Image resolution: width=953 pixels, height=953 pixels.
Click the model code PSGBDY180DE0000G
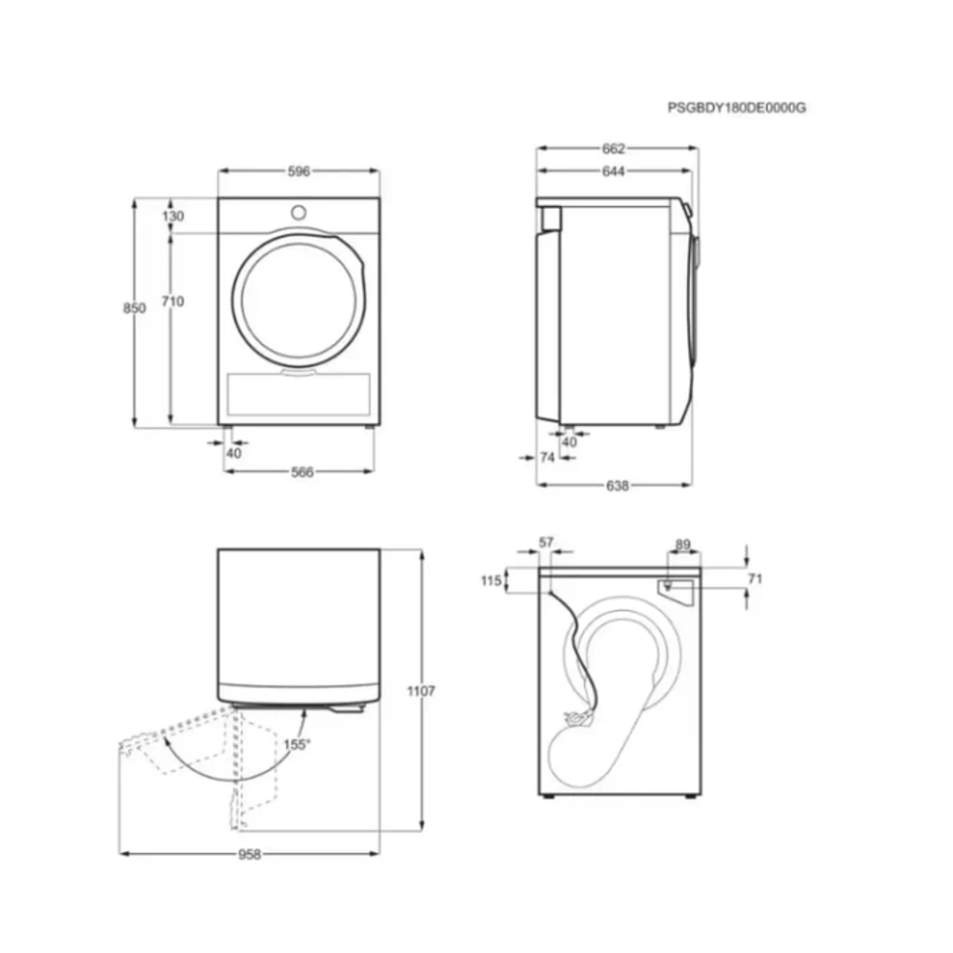[737, 108]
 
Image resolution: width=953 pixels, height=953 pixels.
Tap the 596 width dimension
[299, 172]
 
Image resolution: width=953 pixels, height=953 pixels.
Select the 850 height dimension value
[134, 308]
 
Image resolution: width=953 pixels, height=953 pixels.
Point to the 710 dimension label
[172, 301]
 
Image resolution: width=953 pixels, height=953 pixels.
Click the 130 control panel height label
[172, 215]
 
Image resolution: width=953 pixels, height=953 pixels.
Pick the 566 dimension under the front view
[302, 473]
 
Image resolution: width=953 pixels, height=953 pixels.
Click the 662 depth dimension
[613, 149]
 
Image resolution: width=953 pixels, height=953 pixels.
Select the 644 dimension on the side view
[613, 172]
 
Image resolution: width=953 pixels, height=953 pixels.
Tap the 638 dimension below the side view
[617, 486]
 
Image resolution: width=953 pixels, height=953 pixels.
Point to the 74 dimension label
[548, 457]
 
